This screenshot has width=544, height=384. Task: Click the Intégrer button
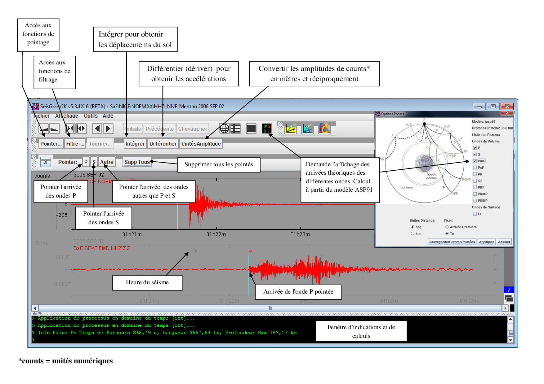(135, 144)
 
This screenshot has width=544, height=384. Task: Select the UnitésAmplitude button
(201, 144)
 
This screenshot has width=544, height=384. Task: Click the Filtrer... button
(75, 144)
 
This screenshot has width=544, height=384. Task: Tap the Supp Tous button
(137, 162)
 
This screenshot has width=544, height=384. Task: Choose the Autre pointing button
(107, 162)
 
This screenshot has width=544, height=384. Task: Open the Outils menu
(91, 116)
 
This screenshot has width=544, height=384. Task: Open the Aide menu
(108, 116)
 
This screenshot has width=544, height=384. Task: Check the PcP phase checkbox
(475, 168)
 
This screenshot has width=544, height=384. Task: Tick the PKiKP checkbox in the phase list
(475, 194)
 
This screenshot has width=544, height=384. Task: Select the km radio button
(412, 233)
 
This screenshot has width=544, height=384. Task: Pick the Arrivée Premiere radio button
(447, 227)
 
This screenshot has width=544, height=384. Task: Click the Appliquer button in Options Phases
(486, 242)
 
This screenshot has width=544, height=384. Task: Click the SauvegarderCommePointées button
(452, 242)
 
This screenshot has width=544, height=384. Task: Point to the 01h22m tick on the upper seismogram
(216, 234)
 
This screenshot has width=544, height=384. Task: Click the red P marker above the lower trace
(250, 251)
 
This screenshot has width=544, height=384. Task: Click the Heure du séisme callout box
(147, 282)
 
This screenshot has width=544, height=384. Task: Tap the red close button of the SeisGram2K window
(507, 106)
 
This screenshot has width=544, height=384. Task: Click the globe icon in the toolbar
(224, 128)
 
